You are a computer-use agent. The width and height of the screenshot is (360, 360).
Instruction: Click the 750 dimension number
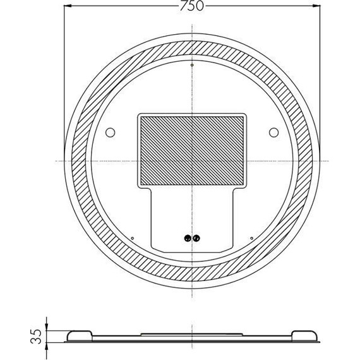coord(192,6)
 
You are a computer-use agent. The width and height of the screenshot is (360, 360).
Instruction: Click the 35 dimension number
coord(36,337)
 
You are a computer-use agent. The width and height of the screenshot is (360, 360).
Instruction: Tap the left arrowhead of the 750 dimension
coord(68,6)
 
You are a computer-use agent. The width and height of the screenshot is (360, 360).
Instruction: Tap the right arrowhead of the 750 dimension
coord(316,6)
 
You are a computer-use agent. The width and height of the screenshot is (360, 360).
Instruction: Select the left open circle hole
coord(110,133)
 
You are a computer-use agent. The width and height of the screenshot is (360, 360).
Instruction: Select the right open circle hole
coord(273,133)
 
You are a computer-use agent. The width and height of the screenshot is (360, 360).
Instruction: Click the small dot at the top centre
coord(192,65)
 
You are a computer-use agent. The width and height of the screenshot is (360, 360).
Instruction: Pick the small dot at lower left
coord(132,238)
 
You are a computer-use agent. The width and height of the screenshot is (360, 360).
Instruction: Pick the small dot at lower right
coord(251,238)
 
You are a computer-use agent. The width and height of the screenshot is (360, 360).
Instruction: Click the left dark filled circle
coord(188,238)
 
